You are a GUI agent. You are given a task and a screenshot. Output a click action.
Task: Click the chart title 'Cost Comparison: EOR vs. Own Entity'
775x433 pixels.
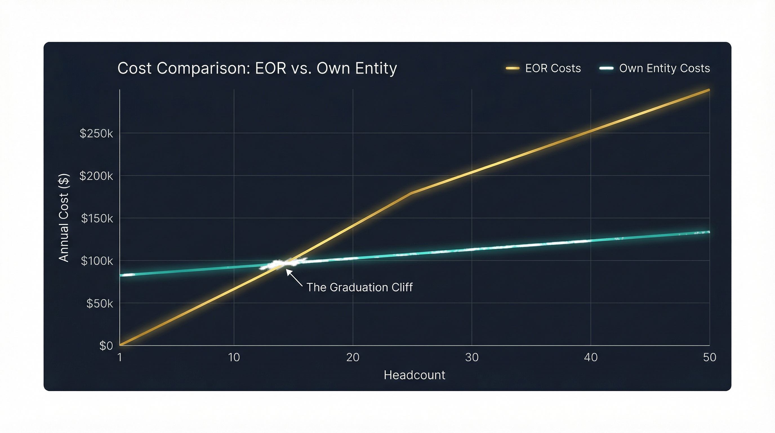(257, 68)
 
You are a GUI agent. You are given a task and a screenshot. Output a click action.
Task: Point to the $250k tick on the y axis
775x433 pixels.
(96, 133)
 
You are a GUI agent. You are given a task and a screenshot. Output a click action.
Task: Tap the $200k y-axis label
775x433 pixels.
(96, 176)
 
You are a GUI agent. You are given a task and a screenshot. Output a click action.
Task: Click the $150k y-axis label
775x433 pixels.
(97, 218)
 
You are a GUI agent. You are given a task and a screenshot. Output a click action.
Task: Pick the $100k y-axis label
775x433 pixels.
(97, 261)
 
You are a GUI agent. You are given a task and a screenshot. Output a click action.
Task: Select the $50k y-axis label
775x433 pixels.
(100, 304)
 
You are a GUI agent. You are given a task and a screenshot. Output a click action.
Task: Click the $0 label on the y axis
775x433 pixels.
(106, 346)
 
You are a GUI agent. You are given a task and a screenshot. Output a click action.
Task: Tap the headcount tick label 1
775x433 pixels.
(120, 357)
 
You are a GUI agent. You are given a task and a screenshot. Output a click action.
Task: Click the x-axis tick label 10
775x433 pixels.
(234, 357)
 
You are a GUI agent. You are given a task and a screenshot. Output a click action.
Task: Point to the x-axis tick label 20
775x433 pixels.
(353, 357)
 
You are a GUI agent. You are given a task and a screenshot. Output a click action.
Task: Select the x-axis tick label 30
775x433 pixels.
(471, 357)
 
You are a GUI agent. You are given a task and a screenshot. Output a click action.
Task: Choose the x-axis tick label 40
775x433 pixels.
(591, 357)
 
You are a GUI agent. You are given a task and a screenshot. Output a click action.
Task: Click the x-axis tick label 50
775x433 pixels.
(709, 357)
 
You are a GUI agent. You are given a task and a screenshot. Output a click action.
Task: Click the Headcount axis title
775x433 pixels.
(414, 375)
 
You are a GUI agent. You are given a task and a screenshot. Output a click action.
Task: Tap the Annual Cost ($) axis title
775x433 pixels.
(64, 218)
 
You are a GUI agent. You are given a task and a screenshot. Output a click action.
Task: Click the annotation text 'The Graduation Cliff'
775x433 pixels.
(359, 287)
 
